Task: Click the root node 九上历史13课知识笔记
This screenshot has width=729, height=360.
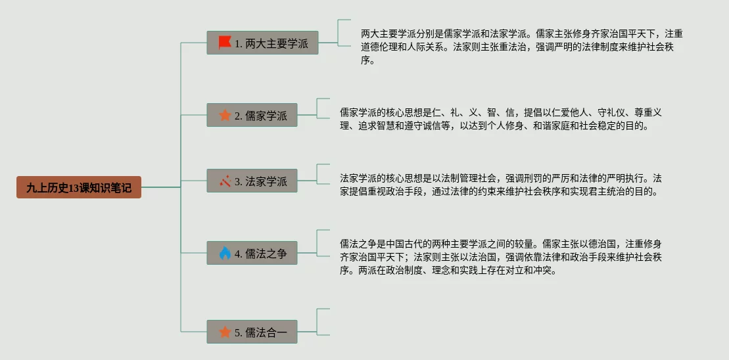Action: (79, 187)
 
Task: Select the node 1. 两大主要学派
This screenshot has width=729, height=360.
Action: (262, 43)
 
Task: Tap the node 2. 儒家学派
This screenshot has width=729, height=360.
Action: (252, 116)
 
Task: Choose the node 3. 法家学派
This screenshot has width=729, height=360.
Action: (252, 181)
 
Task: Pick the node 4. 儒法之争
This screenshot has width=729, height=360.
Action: (252, 253)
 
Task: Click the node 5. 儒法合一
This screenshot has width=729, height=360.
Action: (252, 332)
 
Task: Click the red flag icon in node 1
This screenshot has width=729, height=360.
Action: (225, 43)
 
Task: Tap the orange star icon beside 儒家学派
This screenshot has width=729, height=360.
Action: (225, 116)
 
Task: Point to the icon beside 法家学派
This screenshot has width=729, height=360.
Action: (225, 181)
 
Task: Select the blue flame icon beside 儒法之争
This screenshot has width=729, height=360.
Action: (225, 253)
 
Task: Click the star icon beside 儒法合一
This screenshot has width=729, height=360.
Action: (225, 332)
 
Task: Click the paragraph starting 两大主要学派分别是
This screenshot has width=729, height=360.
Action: (521, 47)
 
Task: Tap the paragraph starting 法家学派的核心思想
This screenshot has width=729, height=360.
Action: (500, 185)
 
